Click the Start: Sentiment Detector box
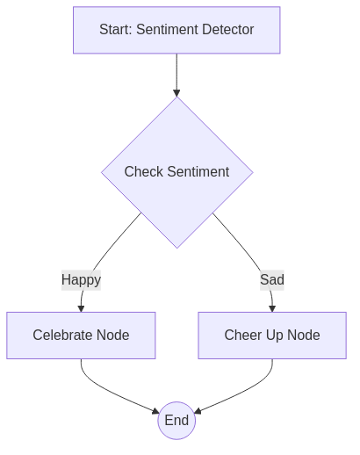(x=176, y=30)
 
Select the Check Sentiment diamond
(x=176, y=172)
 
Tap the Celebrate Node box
(x=81, y=335)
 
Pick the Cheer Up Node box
(x=271, y=335)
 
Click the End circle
(x=176, y=421)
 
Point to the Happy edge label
(x=81, y=280)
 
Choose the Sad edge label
(x=271, y=280)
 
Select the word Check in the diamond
(x=143, y=172)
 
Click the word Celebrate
(x=63, y=335)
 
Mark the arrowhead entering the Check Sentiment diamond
(x=176, y=92)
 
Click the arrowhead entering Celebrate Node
(x=81, y=307)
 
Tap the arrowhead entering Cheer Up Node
(x=271, y=307)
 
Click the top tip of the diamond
(x=176, y=98)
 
